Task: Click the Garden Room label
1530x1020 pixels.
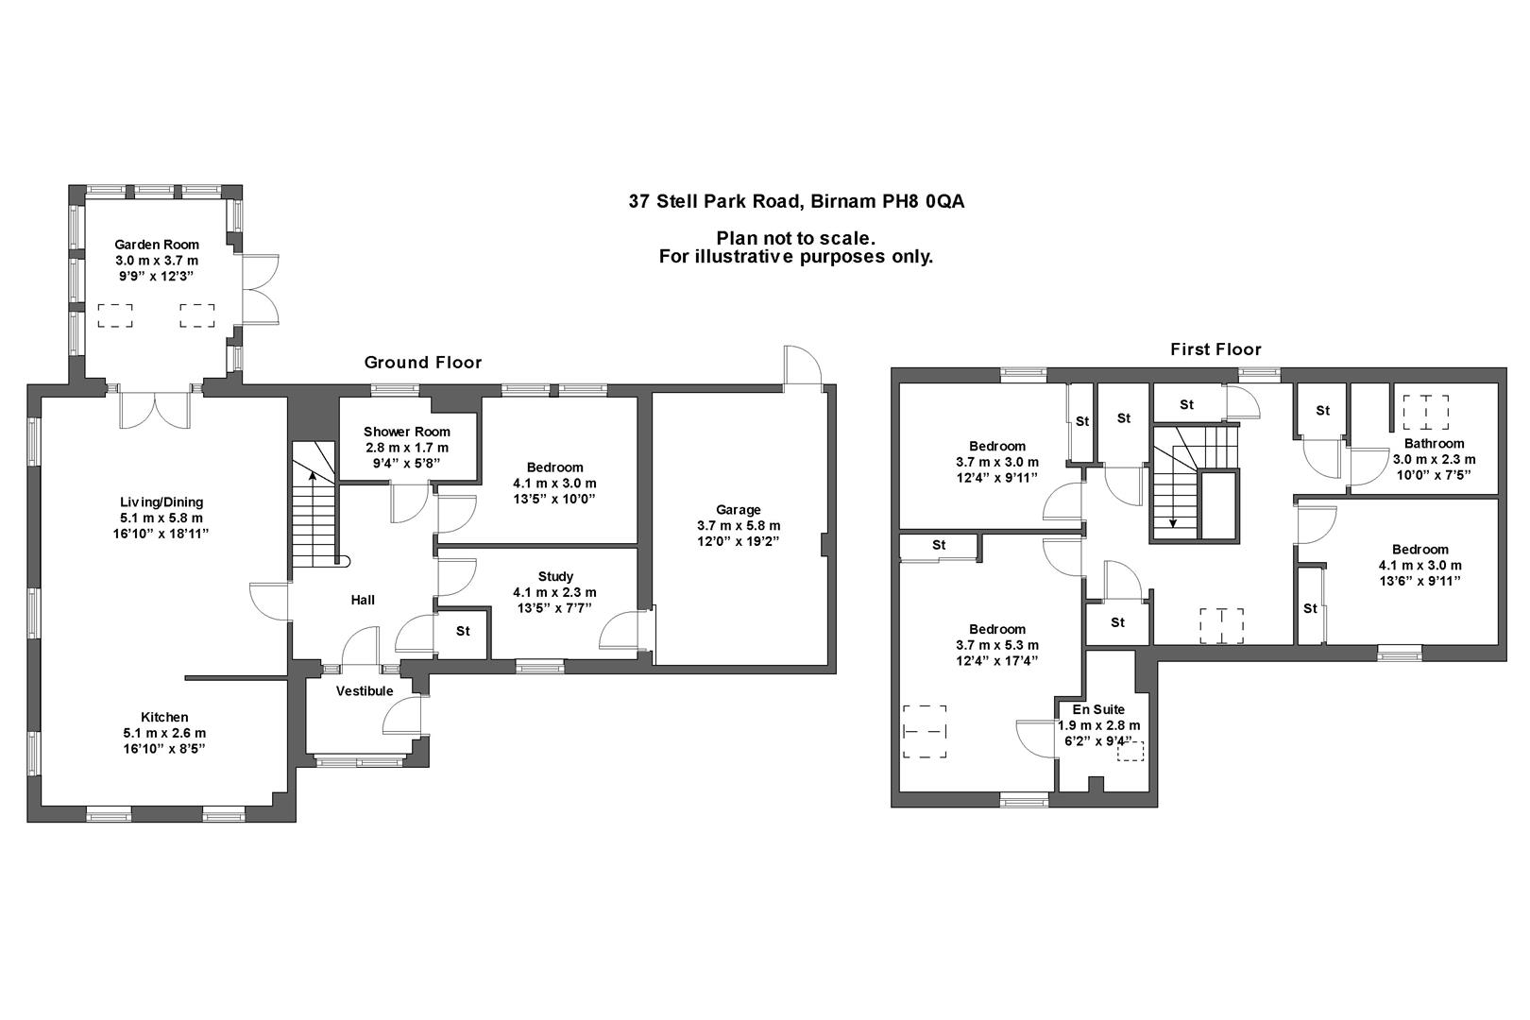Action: (157, 245)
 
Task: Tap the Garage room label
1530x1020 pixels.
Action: (738, 510)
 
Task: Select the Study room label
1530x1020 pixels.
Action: (555, 576)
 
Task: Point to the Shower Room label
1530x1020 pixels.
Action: (407, 432)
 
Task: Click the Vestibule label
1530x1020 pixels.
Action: (365, 691)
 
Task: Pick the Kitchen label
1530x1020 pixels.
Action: (164, 717)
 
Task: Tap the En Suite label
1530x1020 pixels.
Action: (1098, 709)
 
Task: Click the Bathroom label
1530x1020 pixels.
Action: (1434, 443)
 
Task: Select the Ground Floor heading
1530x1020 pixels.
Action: (423, 363)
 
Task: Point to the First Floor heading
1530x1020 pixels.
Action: (1215, 349)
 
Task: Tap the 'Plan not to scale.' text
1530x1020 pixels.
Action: (795, 238)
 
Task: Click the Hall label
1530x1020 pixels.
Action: (363, 600)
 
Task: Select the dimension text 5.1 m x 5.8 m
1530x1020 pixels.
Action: (161, 518)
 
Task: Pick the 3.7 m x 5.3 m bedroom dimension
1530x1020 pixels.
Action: (997, 645)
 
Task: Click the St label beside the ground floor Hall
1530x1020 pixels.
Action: (463, 631)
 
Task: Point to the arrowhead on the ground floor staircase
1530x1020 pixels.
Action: (312, 475)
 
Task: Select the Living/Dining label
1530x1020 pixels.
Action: (161, 502)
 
